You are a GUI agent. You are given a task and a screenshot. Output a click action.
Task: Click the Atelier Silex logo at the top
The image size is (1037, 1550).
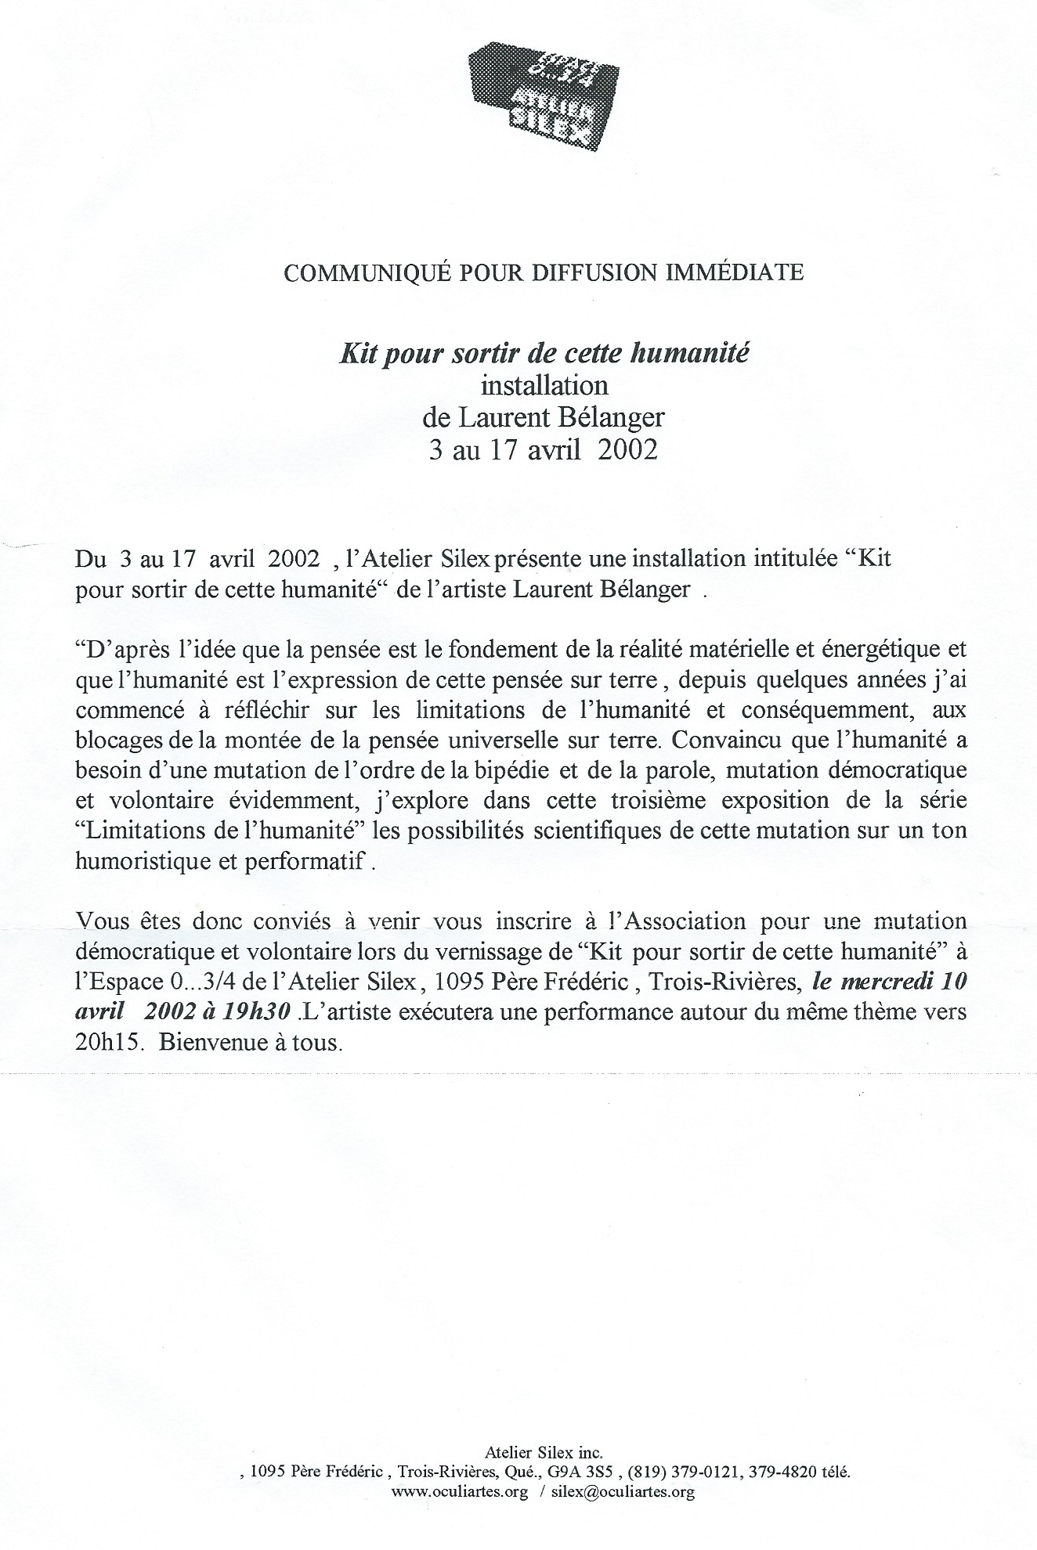pos(542,96)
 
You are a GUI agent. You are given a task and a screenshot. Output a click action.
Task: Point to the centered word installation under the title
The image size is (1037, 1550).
pos(544,385)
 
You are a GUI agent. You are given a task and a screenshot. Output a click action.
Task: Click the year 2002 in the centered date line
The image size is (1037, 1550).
pos(627,452)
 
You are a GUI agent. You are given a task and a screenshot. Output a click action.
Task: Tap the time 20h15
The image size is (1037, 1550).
pos(106,1044)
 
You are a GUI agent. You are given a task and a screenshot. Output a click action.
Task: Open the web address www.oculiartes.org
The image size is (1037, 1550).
pos(458,1492)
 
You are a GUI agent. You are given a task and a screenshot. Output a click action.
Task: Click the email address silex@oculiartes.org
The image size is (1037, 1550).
pos(623,1492)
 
